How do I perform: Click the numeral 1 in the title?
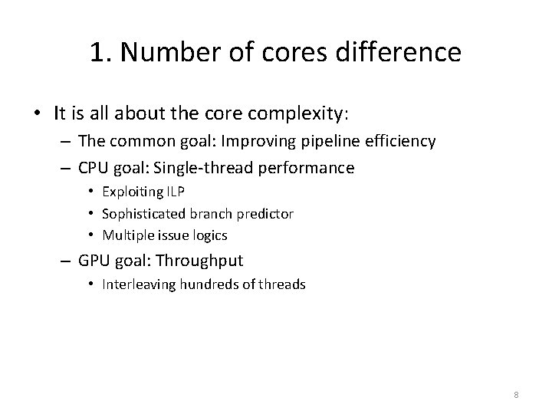[97, 52]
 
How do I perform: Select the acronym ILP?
[178, 192]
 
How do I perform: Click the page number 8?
[516, 395]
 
